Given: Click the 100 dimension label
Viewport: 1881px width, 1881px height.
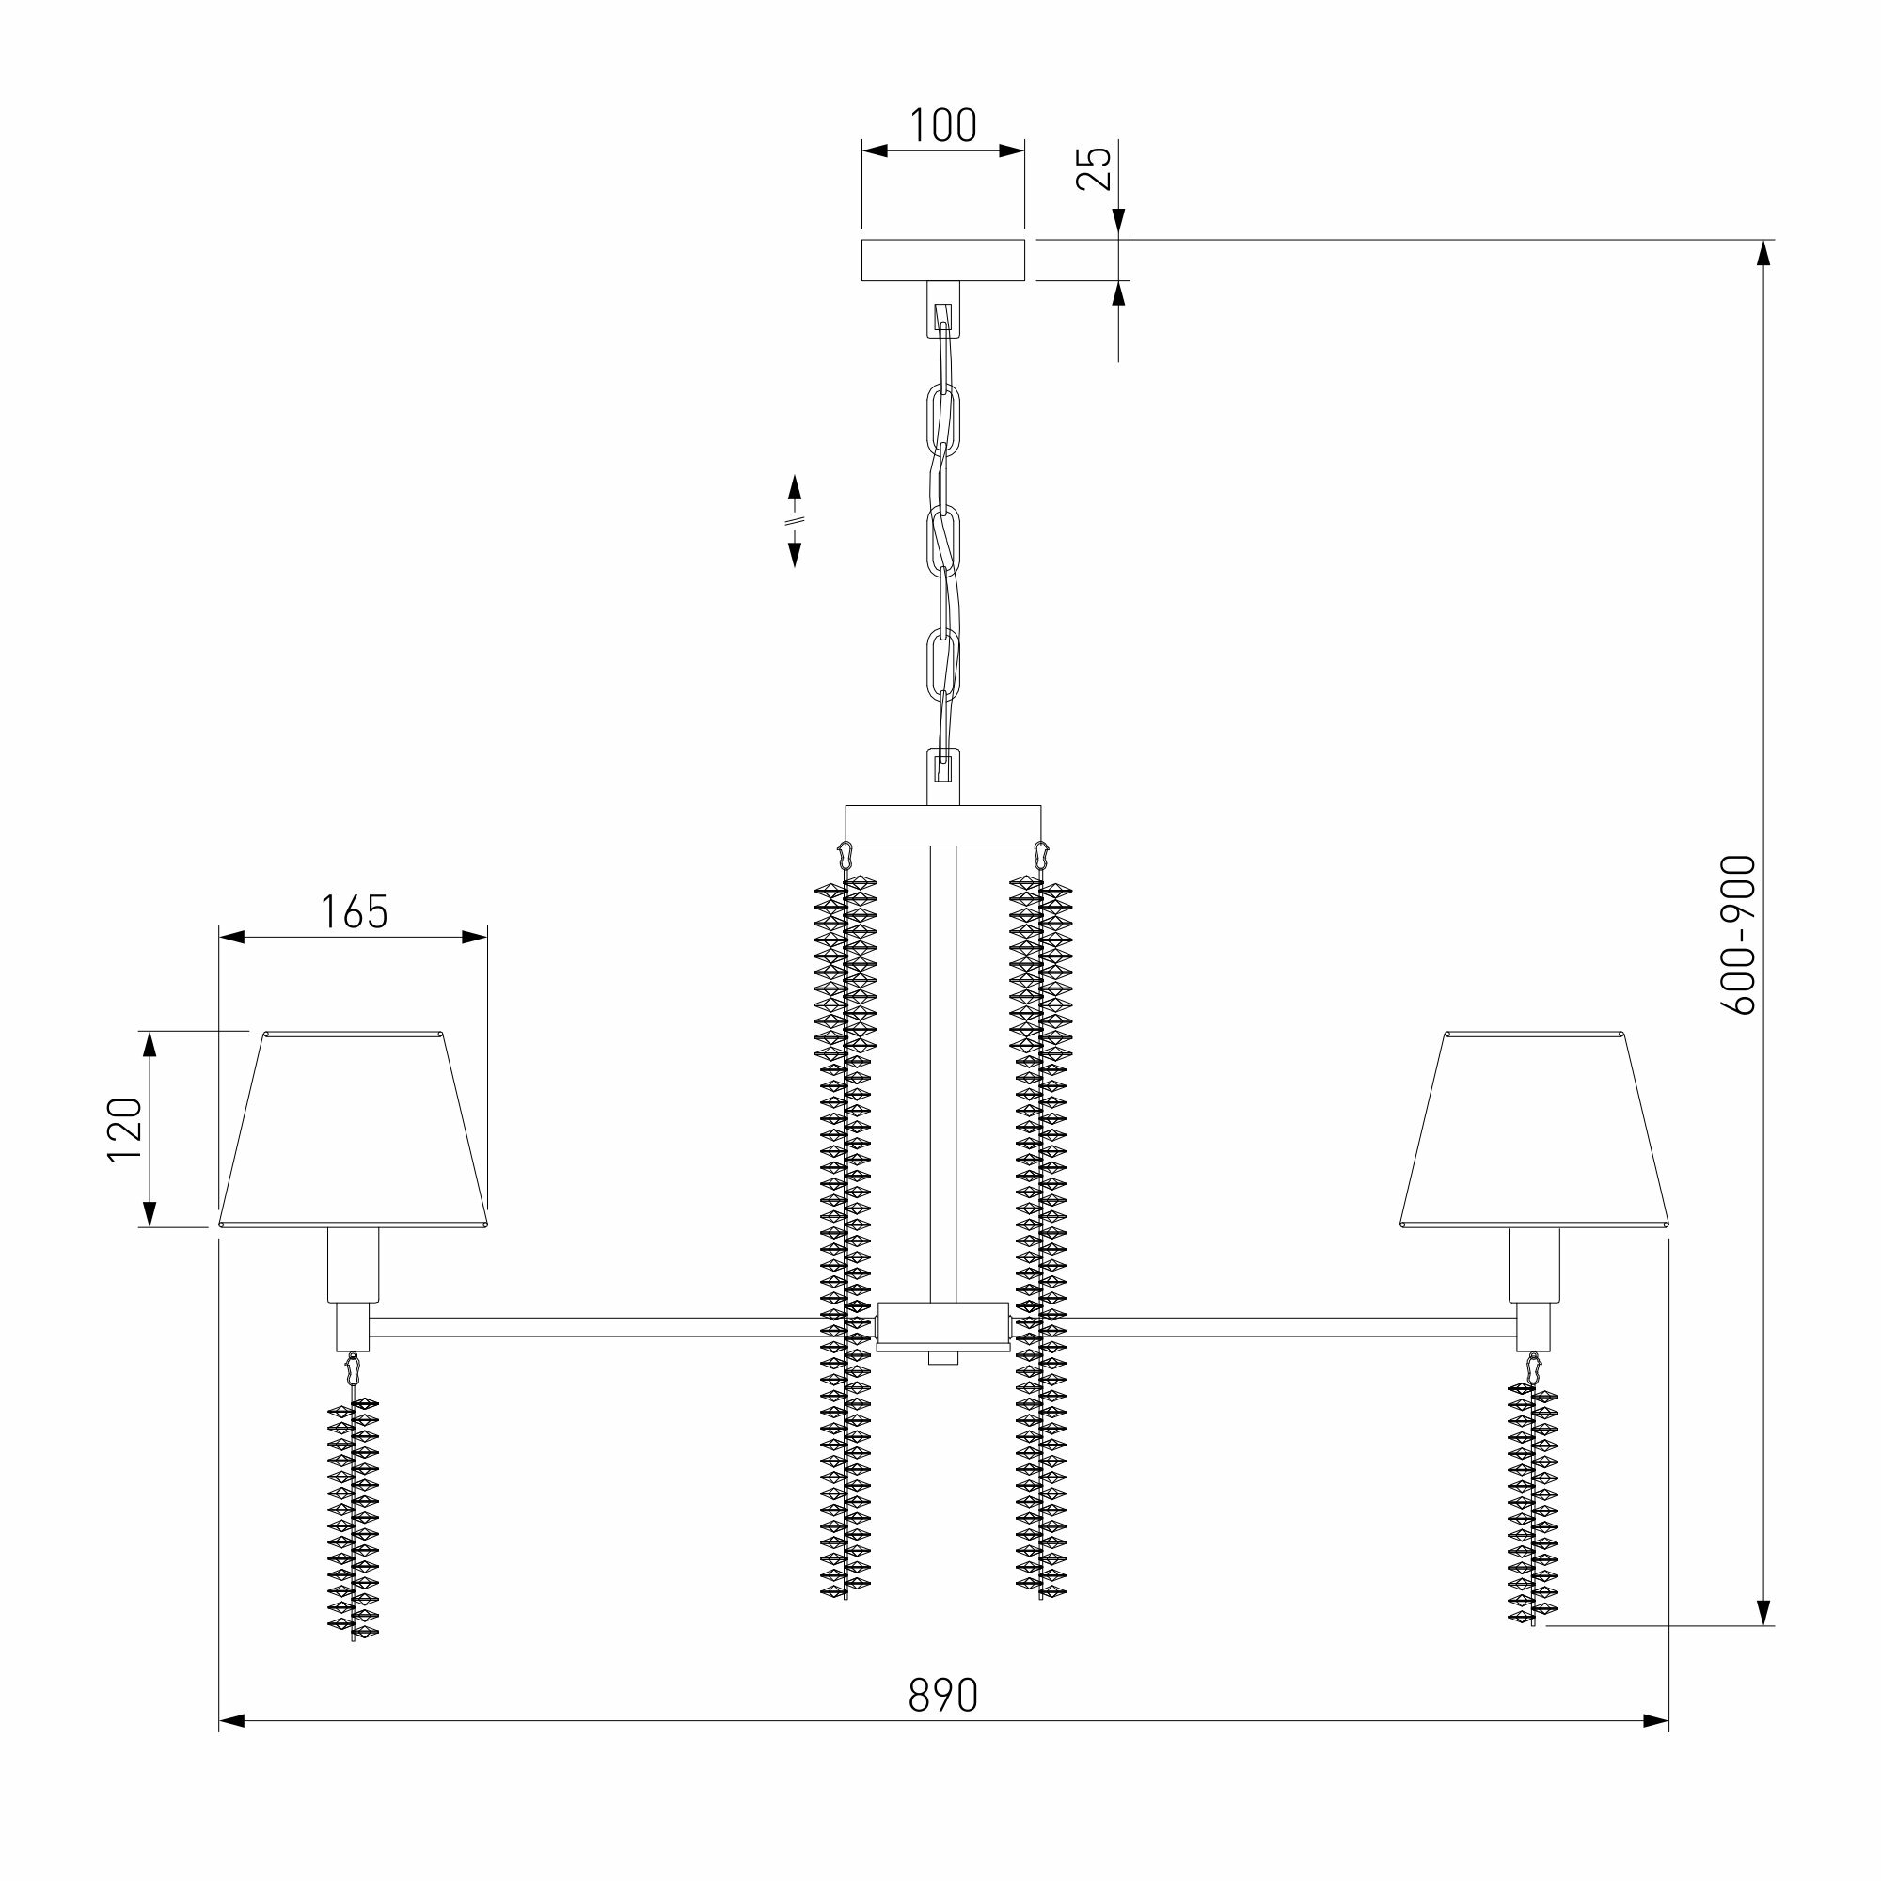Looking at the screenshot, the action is [942, 126].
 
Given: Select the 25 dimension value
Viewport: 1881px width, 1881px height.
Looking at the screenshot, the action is [1096, 167].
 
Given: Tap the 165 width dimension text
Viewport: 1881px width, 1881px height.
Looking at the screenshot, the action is [354, 912].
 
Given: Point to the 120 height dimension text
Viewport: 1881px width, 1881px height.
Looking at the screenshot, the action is [126, 1130].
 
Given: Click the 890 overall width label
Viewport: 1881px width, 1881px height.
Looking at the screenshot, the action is [942, 1695].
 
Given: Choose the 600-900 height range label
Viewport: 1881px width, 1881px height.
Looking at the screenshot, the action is [1739, 935].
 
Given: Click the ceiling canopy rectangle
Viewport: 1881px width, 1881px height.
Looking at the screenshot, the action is [942, 260].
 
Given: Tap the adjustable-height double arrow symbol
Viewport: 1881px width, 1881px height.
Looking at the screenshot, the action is [795, 521].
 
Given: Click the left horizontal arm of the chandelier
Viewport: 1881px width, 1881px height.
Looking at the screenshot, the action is [593, 1327].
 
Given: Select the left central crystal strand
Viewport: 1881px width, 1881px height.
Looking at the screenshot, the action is [846, 1237].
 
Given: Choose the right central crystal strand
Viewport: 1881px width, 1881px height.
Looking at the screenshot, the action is [1041, 1237].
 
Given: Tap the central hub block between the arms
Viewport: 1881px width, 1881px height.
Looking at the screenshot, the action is [942, 1326].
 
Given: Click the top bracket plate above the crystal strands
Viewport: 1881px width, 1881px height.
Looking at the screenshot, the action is [942, 825].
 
